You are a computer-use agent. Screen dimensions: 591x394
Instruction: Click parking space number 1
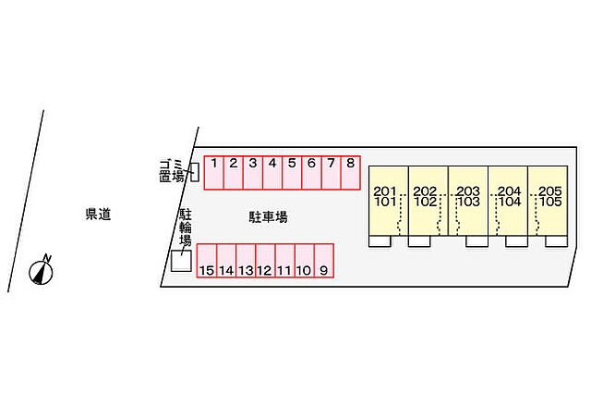(213, 172)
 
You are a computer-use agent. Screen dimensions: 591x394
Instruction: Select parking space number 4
(272, 172)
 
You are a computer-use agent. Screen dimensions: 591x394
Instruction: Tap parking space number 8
(351, 172)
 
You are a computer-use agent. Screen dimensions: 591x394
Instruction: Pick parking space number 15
(207, 261)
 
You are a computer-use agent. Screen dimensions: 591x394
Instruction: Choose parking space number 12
(265, 261)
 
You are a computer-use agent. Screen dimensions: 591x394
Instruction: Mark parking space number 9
(324, 261)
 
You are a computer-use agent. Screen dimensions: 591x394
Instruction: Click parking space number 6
(311, 172)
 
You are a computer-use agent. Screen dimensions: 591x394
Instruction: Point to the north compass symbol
(41, 270)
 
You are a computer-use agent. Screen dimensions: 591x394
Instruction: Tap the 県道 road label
(98, 215)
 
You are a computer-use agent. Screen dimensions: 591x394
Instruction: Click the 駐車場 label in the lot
(268, 217)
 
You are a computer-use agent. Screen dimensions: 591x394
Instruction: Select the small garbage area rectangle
(195, 172)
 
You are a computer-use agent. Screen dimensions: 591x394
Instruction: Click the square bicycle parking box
(181, 261)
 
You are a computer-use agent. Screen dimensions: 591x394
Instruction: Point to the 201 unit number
(385, 191)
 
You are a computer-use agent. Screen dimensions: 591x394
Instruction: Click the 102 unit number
(425, 202)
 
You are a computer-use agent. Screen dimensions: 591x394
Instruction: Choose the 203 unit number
(468, 191)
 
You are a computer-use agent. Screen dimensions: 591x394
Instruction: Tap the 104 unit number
(510, 202)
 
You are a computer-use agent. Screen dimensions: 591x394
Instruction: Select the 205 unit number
(550, 191)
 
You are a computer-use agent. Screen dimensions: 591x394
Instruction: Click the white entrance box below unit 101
(380, 241)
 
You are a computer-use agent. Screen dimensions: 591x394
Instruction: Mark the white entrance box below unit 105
(556, 241)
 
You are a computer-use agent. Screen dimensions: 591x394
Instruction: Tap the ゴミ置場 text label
(172, 171)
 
